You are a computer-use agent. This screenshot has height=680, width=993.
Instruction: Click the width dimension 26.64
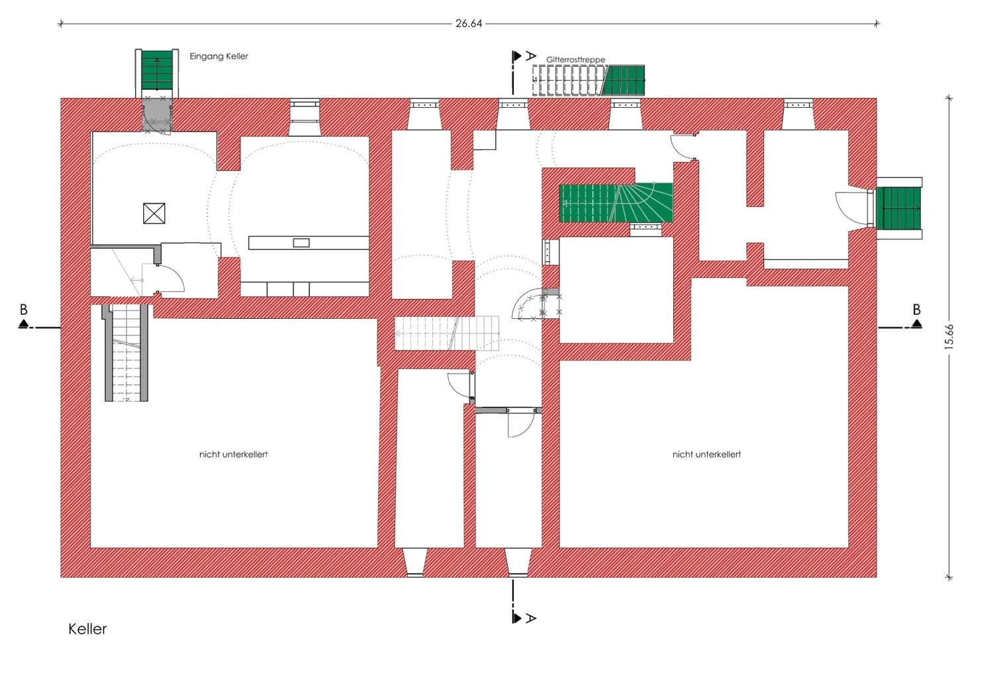point(469,23)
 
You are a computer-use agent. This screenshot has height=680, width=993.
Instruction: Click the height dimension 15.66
point(949,337)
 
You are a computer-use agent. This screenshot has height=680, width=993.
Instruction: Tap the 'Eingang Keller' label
point(218,56)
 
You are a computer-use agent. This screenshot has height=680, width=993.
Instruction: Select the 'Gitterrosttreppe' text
point(575,60)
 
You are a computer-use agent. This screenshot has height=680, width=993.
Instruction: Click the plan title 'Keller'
point(87,629)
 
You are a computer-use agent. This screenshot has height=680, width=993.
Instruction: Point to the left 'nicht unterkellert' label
point(233,454)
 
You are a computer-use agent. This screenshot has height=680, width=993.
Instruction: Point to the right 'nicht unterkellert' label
point(706,454)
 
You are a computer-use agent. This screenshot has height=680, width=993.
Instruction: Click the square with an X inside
point(154,213)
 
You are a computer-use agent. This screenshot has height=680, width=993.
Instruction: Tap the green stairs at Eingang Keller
point(157,70)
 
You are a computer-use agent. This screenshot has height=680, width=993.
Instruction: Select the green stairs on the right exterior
point(898,208)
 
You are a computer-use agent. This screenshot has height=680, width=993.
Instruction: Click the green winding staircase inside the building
point(616,202)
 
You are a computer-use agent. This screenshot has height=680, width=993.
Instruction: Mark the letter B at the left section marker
point(23,309)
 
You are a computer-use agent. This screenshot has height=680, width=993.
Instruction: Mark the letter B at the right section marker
point(917,309)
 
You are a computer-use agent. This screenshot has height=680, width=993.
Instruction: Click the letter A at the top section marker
point(531,56)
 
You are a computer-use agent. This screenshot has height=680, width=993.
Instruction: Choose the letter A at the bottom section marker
point(531,618)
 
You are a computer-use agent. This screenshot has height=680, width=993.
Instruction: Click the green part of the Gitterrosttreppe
point(623,80)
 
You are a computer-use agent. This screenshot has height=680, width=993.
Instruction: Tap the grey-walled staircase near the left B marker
point(126,353)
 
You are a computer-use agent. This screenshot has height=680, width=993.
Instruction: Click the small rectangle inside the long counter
point(301,243)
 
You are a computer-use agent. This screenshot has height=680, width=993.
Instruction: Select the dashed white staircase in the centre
point(447,333)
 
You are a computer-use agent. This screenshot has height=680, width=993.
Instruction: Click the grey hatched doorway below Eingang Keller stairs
point(157,115)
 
